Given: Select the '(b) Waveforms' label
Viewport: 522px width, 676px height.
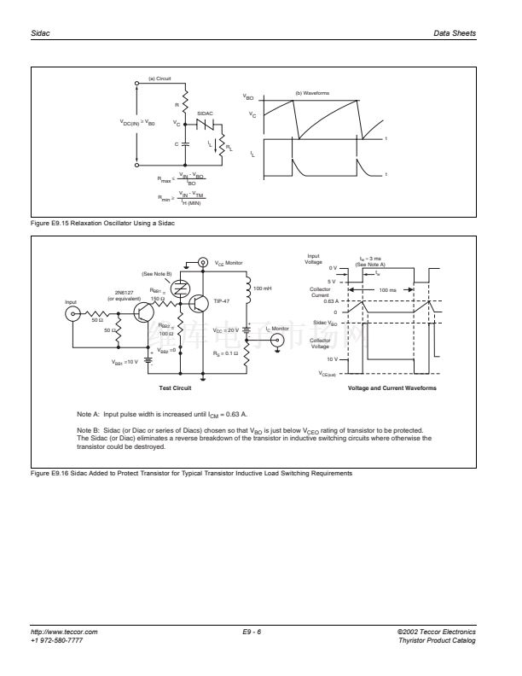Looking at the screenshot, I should coord(311,92).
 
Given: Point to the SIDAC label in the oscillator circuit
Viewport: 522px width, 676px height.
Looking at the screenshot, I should coord(205,112).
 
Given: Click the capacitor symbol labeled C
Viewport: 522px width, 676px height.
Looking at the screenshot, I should coord(185,144).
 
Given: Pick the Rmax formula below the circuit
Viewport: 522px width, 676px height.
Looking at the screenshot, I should coord(183,180).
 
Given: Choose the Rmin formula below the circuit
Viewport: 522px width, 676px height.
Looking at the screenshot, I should coord(183,198).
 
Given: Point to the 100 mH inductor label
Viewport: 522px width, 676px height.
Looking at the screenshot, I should coord(263,288).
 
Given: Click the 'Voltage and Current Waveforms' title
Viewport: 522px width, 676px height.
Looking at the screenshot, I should coord(391,388).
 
